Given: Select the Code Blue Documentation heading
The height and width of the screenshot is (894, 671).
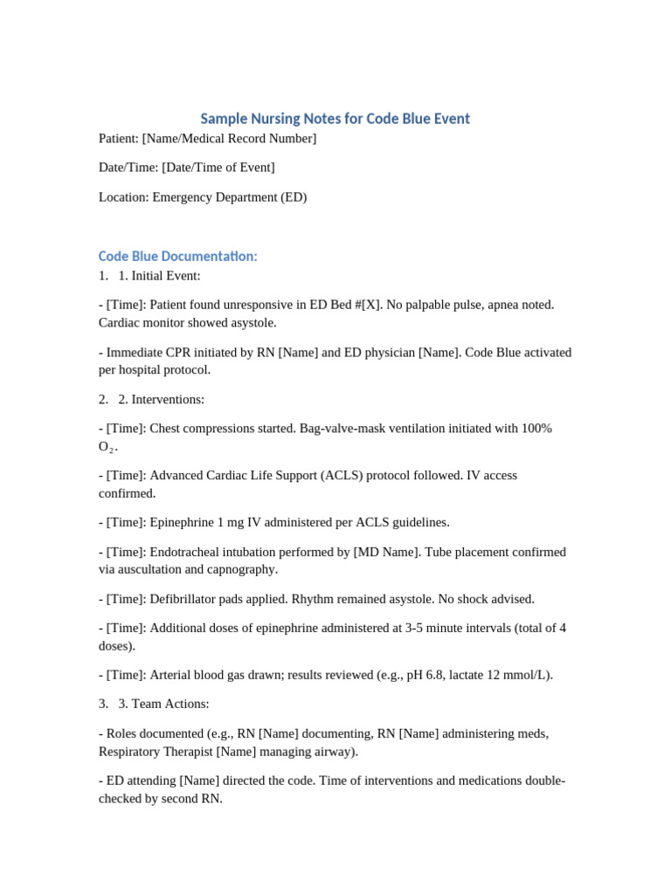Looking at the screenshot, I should pyautogui.click(x=177, y=256).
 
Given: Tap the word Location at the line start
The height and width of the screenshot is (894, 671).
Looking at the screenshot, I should pyautogui.click(x=123, y=197).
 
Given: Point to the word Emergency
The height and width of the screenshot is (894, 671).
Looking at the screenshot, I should pyautogui.click(x=185, y=197).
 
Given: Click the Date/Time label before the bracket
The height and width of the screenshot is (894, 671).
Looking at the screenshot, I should pyautogui.click(x=128, y=168).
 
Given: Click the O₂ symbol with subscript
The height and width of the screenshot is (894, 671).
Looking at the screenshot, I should pyautogui.click(x=107, y=447).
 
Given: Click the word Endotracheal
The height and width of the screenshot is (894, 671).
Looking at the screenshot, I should pyautogui.click(x=189, y=553).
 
